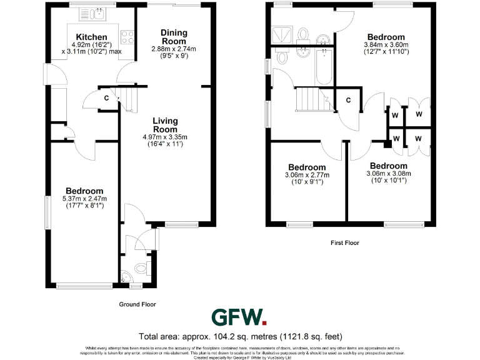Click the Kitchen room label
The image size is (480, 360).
point(91,37)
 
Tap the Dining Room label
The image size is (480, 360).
point(174,37)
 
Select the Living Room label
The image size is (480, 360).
point(166,125)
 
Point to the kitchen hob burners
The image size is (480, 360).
point(128,37)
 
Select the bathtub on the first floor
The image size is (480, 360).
point(324,67)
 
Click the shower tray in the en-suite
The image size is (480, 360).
point(280,34)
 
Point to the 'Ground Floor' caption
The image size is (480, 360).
point(137,304)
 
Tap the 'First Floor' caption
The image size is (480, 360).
point(345,242)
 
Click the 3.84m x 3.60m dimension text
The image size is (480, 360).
point(386,45)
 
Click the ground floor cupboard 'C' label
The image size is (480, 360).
point(106,98)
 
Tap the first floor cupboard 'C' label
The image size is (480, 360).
point(348,99)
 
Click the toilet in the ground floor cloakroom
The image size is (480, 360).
point(141,268)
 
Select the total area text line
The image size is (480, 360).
point(240,334)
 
